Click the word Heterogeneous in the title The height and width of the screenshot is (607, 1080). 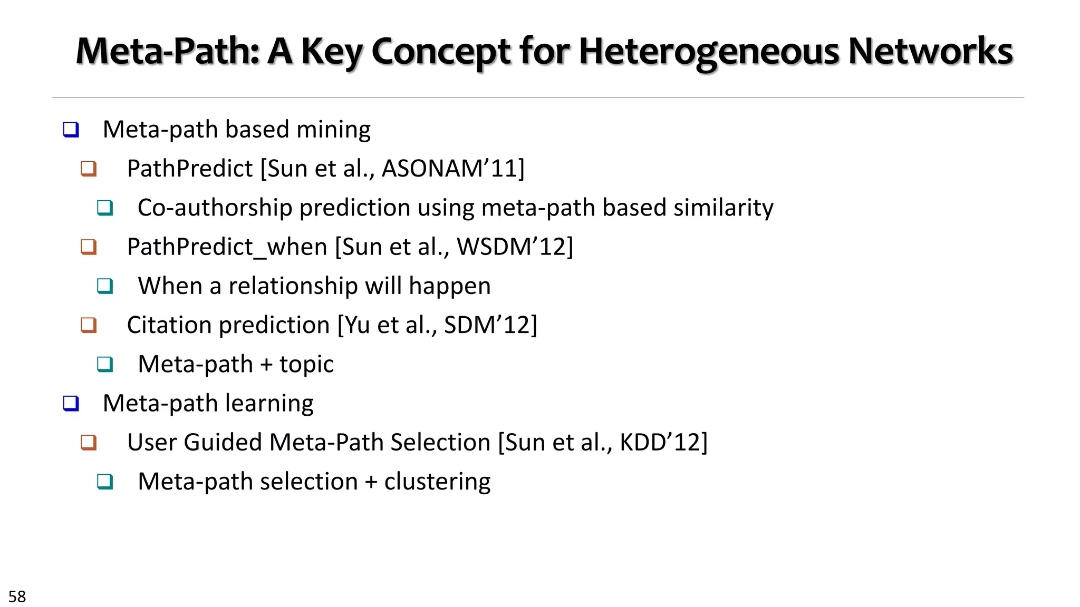[x=709, y=52]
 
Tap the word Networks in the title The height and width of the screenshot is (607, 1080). [x=930, y=52]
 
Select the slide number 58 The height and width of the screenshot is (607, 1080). [x=17, y=596]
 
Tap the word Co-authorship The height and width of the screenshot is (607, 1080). [x=215, y=208]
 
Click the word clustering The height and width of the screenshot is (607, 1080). [x=437, y=482]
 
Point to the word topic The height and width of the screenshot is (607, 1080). [x=306, y=365]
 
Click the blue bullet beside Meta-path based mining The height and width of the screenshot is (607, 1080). [x=71, y=130]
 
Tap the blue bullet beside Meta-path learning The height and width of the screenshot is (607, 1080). [x=71, y=404]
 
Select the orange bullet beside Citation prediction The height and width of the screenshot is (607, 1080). [x=89, y=325]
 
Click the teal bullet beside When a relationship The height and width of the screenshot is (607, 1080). [x=105, y=286]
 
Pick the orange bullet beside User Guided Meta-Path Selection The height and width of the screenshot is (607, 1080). [x=89, y=443]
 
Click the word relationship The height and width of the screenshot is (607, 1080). [x=293, y=286]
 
